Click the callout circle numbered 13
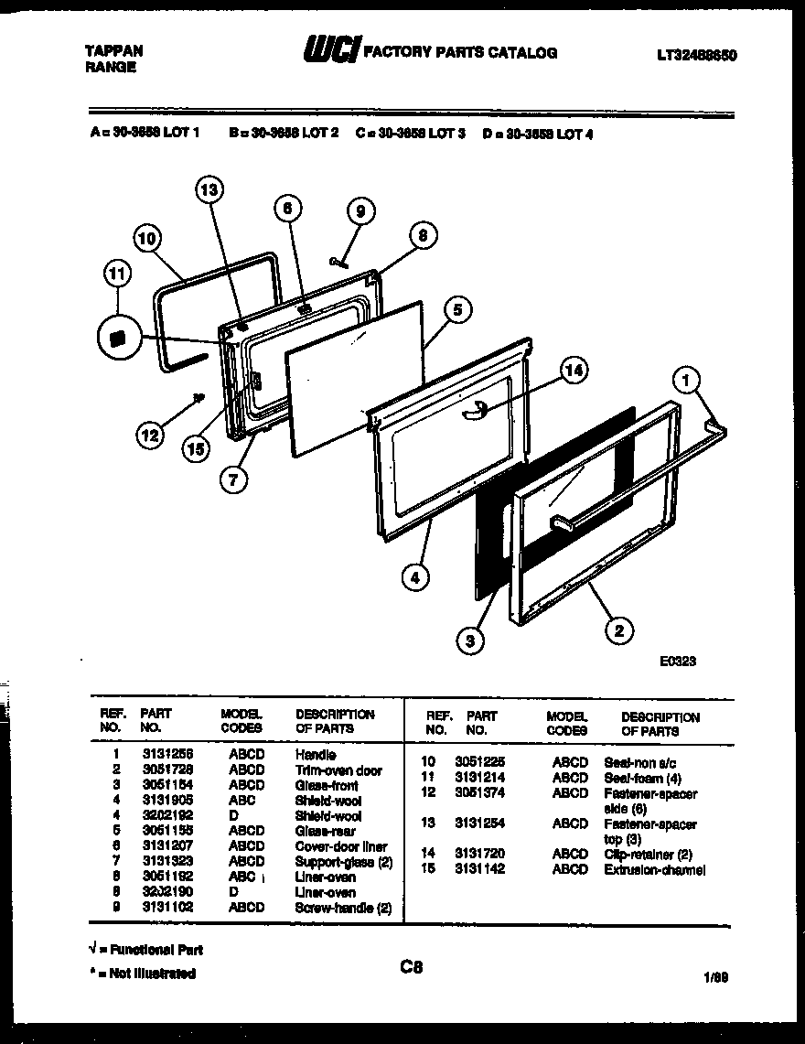click(x=209, y=190)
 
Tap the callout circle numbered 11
click(x=118, y=274)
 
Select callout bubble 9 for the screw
click(x=360, y=211)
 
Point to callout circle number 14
click(x=574, y=371)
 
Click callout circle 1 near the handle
click(x=687, y=379)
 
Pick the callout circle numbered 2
click(x=619, y=629)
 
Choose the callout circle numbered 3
click(x=469, y=640)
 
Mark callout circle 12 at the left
click(x=149, y=436)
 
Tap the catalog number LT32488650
click(x=696, y=56)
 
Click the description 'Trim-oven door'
click(x=338, y=770)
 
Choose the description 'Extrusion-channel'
click(x=654, y=869)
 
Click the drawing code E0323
click(x=677, y=662)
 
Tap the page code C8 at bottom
click(x=411, y=966)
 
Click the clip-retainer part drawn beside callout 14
click(x=472, y=413)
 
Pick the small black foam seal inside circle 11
click(x=116, y=338)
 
